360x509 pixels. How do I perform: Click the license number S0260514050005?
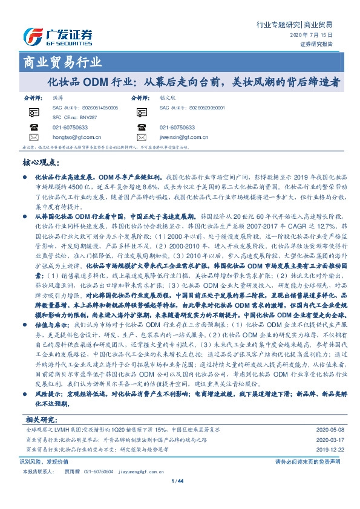coord(97,107)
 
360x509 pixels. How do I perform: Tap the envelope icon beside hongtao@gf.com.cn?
coord(33,137)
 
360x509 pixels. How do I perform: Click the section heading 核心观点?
coord(41,163)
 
